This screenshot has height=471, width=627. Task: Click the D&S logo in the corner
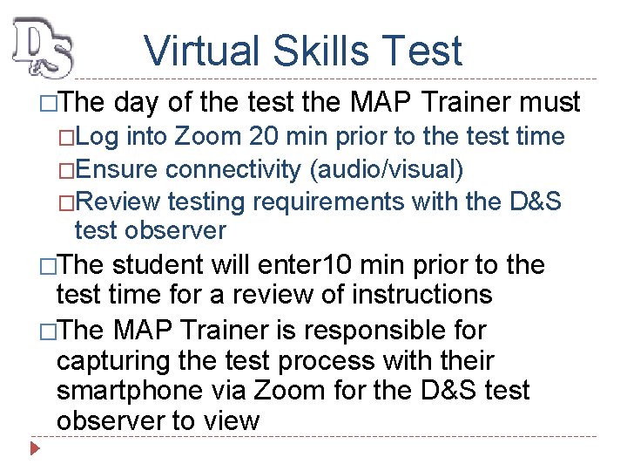(43, 49)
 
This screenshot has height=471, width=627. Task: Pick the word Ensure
(118, 168)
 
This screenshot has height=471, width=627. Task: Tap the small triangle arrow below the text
(35, 450)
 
